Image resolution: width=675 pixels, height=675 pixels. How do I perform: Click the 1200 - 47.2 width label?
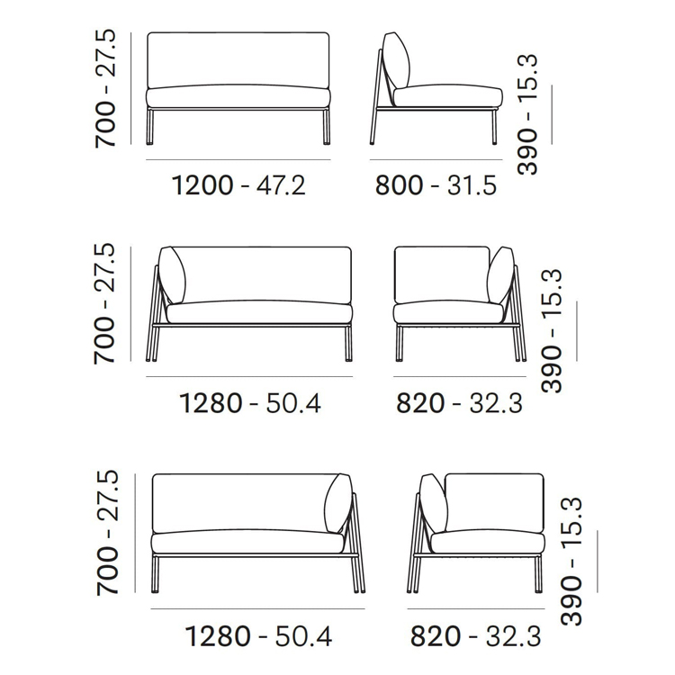point(238,185)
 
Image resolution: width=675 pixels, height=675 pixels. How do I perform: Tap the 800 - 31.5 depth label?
point(436,185)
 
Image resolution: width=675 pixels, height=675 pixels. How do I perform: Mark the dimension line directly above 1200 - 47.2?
point(238,159)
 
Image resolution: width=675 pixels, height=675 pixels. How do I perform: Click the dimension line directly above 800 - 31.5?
point(436,159)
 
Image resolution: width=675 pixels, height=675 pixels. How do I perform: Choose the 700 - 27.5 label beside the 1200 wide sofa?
point(105,89)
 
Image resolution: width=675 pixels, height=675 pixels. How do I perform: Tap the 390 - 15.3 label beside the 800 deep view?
point(527,114)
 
